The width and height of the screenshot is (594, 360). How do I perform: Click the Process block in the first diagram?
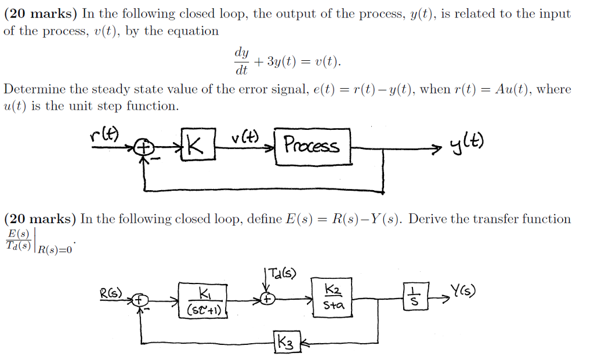[x=312, y=147]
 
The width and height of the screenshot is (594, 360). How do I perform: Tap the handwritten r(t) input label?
[x=104, y=134]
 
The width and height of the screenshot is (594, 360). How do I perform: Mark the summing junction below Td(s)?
[x=267, y=300]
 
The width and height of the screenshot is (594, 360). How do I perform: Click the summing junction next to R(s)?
[x=139, y=300]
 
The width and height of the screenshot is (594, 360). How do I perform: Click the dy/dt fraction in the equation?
[x=241, y=61]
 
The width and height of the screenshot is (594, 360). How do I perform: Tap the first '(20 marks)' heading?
[x=40, y=14]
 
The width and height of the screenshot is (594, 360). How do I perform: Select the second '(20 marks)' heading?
[x=40, y=219]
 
